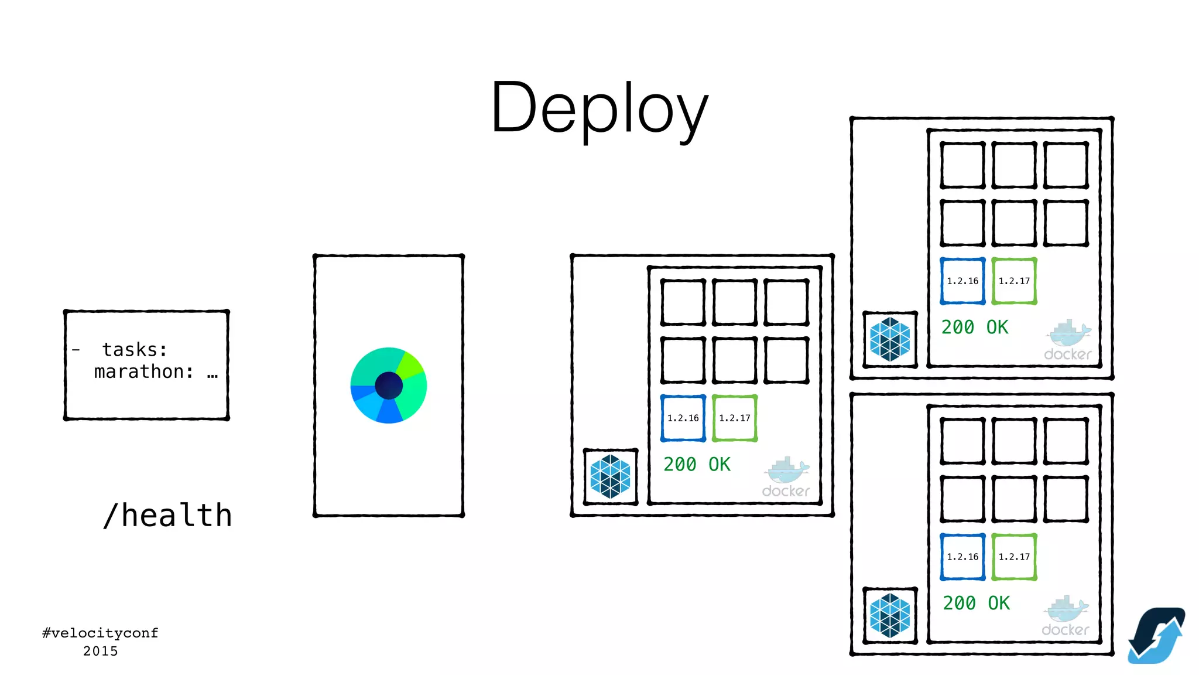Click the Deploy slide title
click(599, 108)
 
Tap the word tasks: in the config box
click(135, 349)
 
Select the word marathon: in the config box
click(144, 371)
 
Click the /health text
click(167, 516)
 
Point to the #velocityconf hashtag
click(100, 633)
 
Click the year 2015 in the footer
click(100, 651)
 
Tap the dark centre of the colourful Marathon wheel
click(388, 386)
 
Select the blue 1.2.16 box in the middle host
click(683, 418)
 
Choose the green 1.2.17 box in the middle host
click(735, 418)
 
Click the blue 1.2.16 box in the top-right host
click(962, 281)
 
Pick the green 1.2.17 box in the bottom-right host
click(1014, 557)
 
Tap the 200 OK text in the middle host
click(697, 465)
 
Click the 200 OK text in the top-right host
click(975, 327)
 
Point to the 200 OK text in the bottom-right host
click(976, 603)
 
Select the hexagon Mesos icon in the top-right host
click(890, 339)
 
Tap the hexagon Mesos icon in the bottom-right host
click(890, 615)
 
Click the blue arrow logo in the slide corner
click(1156, 636)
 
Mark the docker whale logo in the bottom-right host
click(1066, 615)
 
